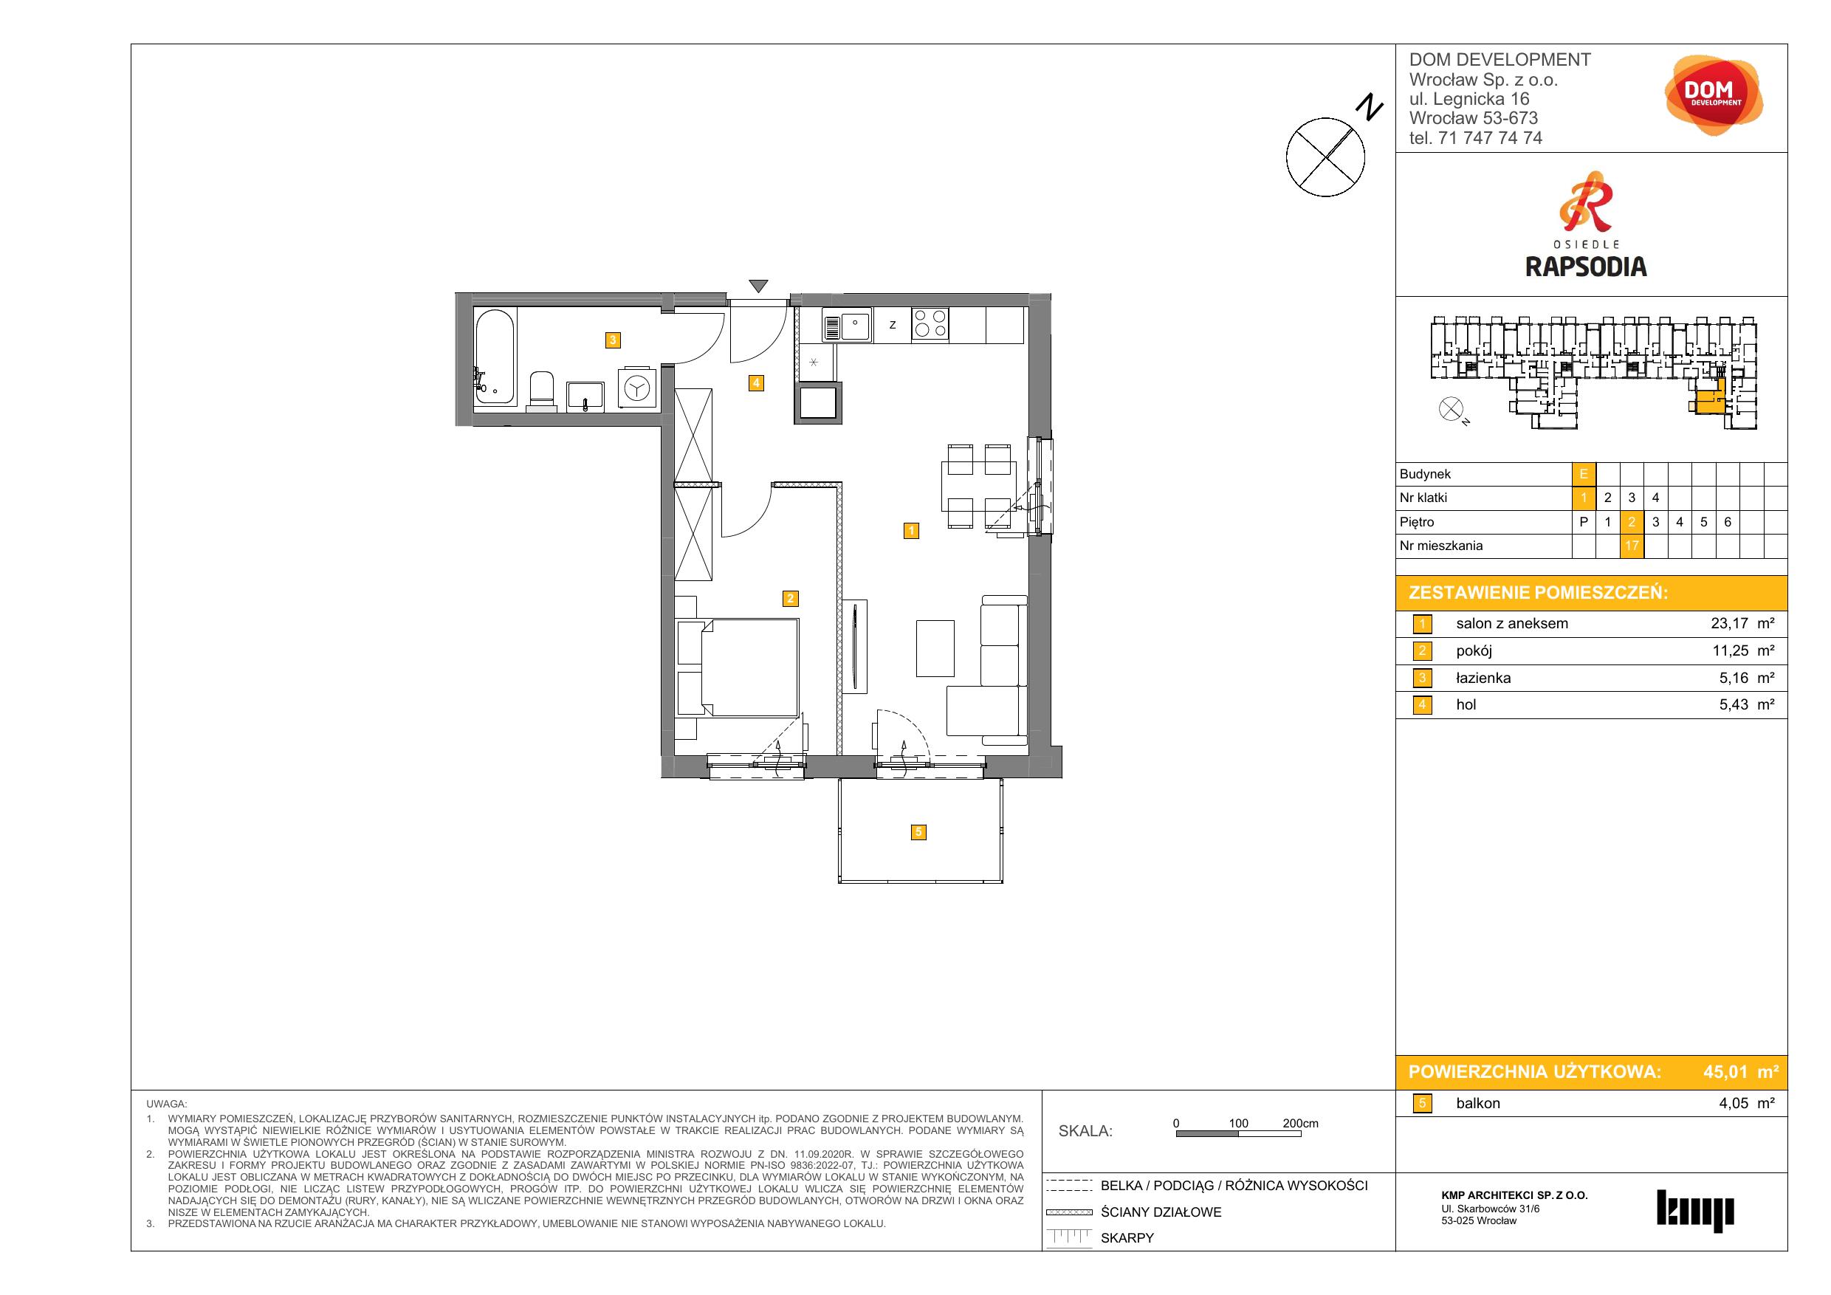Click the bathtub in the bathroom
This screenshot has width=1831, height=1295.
(x=495, y=356)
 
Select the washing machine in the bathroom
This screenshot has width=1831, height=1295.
(x=638, y=388)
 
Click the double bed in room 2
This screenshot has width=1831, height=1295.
(x=738, y=668)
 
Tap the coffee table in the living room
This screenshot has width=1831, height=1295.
(x=935, y=648)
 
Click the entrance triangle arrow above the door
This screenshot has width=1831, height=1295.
(x=758, y=286)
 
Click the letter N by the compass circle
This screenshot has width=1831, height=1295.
(x=1370, y=107)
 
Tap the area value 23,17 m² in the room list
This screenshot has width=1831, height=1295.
(x=1742, y=624)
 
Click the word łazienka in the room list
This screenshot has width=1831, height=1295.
(x=1483, y=678)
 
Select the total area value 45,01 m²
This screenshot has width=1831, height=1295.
(x=1740, y=1072)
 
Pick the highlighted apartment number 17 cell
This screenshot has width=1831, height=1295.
(x=1632, y=546)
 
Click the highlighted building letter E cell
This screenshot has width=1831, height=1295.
(x=1584, y=475)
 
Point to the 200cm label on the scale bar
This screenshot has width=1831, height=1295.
(x=1300, y=1124)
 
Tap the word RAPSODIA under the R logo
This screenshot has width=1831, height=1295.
(x=1585, y=267)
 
